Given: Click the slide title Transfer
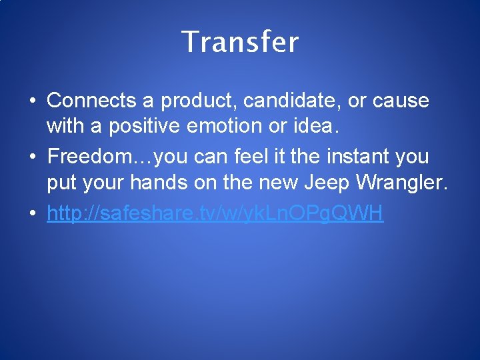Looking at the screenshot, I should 240,42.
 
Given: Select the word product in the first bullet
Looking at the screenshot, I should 195,101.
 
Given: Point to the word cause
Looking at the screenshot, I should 401,101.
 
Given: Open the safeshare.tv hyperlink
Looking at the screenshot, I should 215,214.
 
